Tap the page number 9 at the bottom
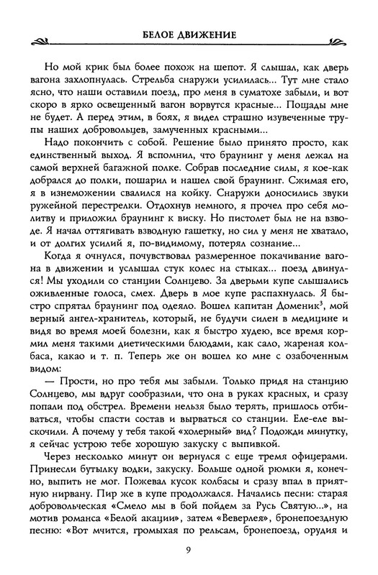pos(189,552)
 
